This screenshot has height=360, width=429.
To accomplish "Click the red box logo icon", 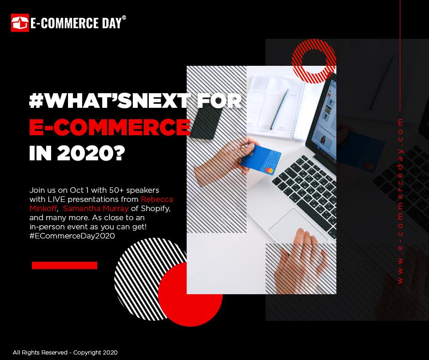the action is (20, 23).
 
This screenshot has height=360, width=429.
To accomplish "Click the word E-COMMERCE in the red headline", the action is (110, 127).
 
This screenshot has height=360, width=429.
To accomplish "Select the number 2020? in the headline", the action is (91, 153).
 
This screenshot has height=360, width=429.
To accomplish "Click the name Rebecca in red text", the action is (157, 199).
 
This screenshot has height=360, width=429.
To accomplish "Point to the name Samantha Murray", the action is (96, 208).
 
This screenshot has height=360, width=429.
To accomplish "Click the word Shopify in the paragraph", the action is (156, 209).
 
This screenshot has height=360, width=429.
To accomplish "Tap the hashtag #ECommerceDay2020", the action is (72, 236).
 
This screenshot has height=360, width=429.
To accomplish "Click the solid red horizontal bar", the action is (64, 265).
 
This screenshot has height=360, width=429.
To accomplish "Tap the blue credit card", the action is (261, 160).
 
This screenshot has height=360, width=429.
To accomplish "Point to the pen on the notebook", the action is (279, 109).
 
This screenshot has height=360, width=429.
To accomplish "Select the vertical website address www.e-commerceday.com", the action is (400, 201).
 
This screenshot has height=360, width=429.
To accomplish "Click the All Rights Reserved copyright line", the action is (65, 353).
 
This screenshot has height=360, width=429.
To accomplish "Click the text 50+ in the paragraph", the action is (116, 190).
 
